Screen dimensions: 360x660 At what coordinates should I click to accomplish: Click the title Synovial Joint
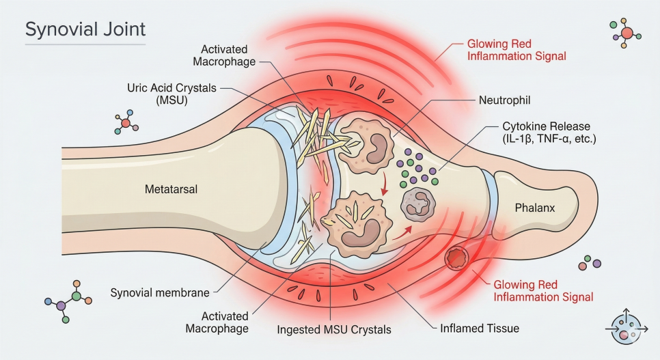[85, 30]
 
